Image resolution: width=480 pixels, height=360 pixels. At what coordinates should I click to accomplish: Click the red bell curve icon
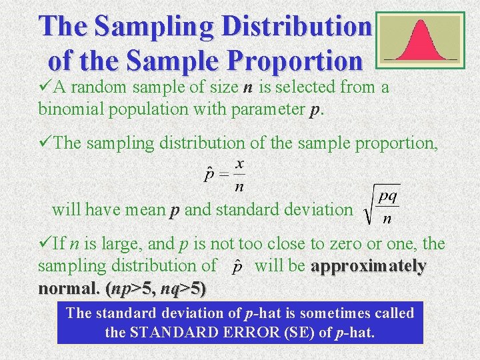420,40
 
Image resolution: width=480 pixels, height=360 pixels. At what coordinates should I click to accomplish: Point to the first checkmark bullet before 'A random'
45,86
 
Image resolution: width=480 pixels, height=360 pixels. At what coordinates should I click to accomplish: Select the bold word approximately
369,266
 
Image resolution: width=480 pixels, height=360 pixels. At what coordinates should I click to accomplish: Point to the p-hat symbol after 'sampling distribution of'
237,267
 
